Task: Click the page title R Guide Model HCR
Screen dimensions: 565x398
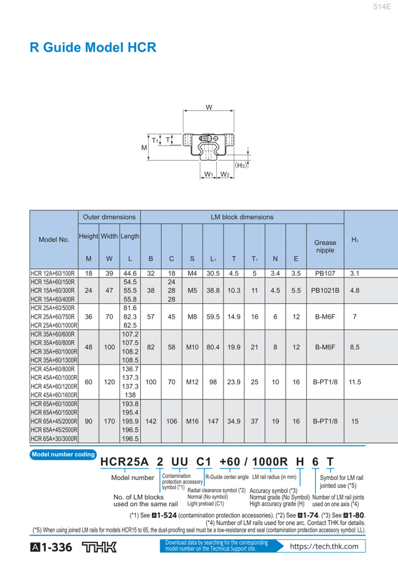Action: pos(92,47)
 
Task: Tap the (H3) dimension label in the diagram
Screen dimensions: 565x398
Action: pos(242,165)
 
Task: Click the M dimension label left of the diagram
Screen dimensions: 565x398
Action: pos(144,148)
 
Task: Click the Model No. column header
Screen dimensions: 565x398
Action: pos(54,241)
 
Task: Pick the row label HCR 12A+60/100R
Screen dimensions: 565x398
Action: pos(54,274)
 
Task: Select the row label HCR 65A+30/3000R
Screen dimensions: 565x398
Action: pos(54,439)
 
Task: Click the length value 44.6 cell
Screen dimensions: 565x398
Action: pos(129,274)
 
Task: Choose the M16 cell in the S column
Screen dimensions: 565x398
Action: pos(192,422)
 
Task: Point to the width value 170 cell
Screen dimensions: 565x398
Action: pos(109,422)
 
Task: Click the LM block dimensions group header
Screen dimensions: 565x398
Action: pos(242,216)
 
